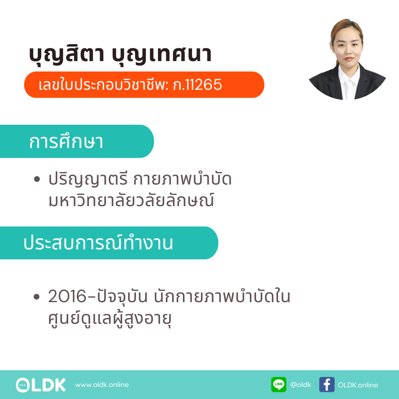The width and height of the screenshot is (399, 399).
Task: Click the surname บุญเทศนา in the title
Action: [162, 54]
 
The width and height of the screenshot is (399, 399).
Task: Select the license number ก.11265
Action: [197, 85]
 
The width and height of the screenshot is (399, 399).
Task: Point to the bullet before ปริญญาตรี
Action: [37, 179]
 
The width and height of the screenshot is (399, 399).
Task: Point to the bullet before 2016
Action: [37, 296]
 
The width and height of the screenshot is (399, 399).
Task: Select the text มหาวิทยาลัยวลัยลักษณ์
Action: [131, 200]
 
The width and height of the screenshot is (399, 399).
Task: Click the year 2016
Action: [67, 296]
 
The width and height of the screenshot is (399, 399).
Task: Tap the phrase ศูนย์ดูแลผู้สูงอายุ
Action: [110, 319]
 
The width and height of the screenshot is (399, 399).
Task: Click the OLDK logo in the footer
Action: [41, 385]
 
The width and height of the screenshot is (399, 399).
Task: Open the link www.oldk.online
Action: [102, 385]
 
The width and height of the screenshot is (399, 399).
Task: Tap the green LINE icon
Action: [278, 384]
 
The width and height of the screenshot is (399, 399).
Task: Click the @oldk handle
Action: [301, 385]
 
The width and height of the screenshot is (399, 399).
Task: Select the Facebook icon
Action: [327, 384]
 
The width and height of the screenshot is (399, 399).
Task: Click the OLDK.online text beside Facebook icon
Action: [358, 385]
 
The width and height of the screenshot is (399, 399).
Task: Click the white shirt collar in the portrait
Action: [349, 76]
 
